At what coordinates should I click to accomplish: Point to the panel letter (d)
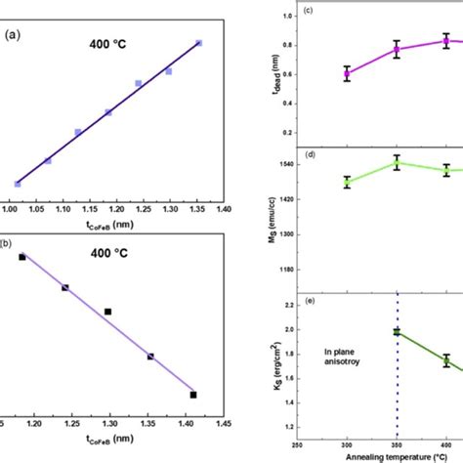[x=307, y=153]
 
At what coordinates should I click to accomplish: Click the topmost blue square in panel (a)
[x=199, y=43]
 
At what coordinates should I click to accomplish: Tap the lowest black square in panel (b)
[x=193, y=395]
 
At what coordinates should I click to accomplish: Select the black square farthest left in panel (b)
[x=22, y=257]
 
